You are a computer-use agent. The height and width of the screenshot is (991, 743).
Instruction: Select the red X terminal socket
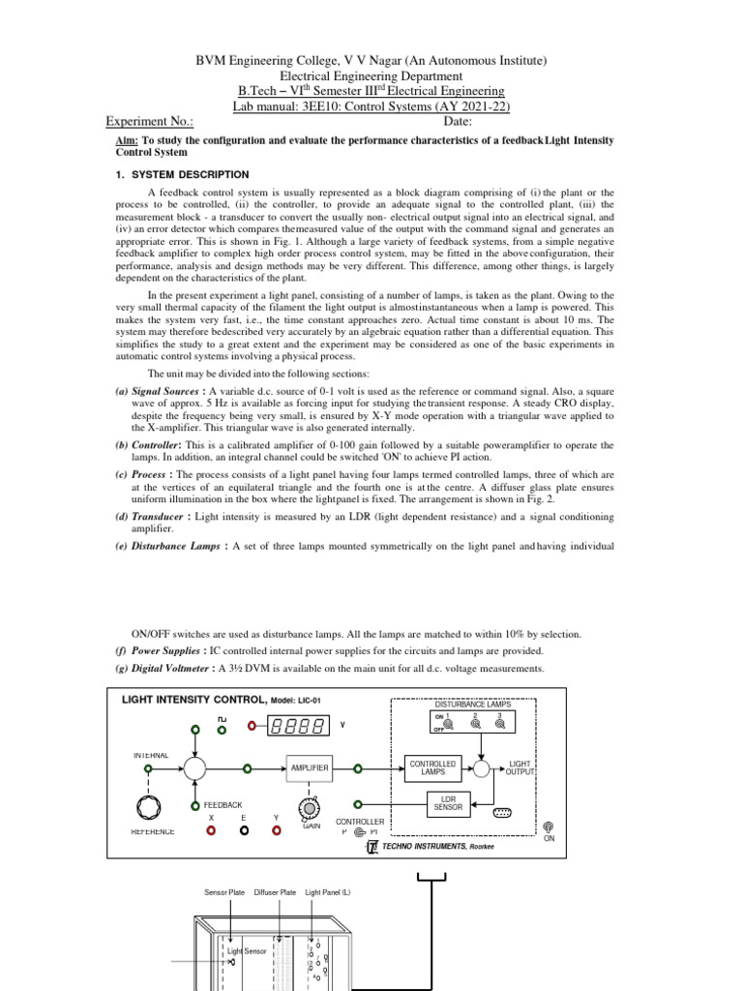coord(210,829)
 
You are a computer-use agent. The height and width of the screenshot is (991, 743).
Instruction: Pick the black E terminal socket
coord(244,829)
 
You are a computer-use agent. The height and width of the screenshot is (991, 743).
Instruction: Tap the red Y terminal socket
coord(277,829)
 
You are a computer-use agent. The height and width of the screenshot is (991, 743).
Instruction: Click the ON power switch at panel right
coord(549,827)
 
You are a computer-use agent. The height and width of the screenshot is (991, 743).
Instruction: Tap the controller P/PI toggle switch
coord(359,831)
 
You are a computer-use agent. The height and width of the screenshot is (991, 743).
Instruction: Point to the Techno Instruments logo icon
coord(372,847)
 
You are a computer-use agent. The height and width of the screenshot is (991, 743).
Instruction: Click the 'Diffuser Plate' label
coord(275,891)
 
